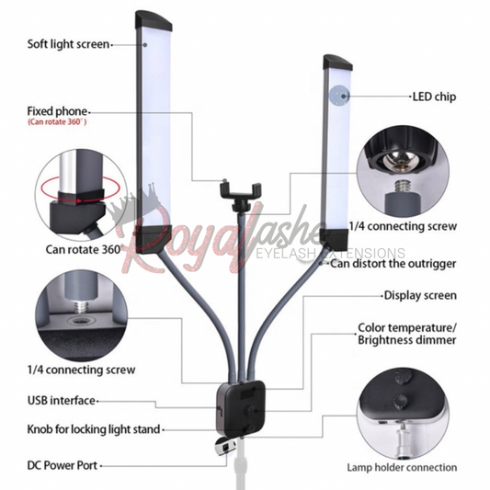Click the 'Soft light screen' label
coord(68,44)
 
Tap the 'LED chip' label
coord(434,97)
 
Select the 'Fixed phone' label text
coord(57,111)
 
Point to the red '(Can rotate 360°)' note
coord(57,122)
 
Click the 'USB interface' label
coord(62,400)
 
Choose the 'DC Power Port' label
coord(63,465)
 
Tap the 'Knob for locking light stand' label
coord(94,429)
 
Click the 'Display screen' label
coord(420,295)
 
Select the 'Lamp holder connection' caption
coord(402,468)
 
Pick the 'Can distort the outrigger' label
coord(393,264)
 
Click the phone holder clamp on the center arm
coord(241,190)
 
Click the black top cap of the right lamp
coord(337,63)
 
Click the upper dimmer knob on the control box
coord(251,410)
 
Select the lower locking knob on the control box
coord(249,428)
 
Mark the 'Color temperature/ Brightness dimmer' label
coord(407,334)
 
